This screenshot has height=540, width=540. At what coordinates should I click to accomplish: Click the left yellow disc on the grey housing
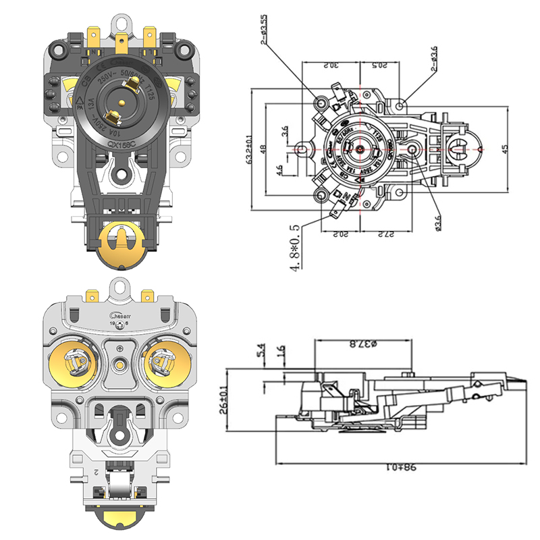tap(76, 364)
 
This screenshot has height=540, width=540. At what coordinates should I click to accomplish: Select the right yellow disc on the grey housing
tap(161, 364)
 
